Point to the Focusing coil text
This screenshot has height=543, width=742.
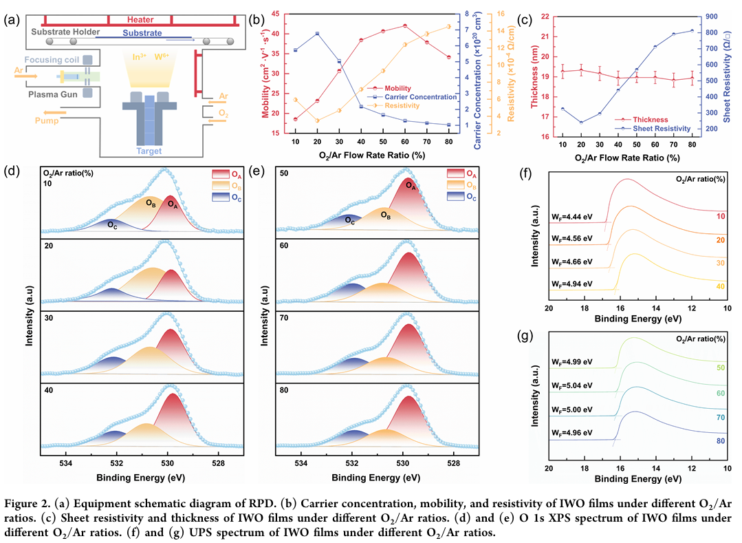[x=54, y=60]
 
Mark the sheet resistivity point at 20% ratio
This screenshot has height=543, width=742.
[x=582, y=123]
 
